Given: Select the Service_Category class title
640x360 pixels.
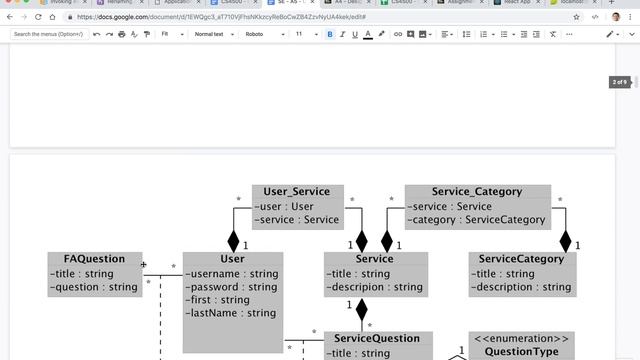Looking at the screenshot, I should [x=477, y=192].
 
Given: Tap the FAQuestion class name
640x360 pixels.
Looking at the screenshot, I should [x=94, y=259].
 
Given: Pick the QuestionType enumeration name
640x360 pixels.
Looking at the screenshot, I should [x=520, y=352].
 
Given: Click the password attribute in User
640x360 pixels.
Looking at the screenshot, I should [x=233, y=287].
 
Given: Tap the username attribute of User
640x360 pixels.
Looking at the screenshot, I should [x=233, y=274].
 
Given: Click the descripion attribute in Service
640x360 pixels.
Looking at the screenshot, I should [x=376, y=287].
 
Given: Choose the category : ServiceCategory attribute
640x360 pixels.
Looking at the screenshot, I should [x=477, y=219].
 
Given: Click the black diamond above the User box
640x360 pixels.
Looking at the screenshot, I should [x=234, y=240].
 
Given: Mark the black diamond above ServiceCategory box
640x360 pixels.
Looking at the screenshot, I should [x=565, y=240].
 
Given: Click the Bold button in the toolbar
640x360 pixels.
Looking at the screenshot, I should [x=329, y=34].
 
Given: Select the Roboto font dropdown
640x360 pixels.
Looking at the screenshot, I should [x=263, y=34].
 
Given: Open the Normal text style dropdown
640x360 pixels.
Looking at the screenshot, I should [x=213, y=34].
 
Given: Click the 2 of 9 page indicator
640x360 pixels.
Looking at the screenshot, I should [x=620, y=82].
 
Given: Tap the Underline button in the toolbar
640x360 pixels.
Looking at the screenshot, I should [x=354, y=34].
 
